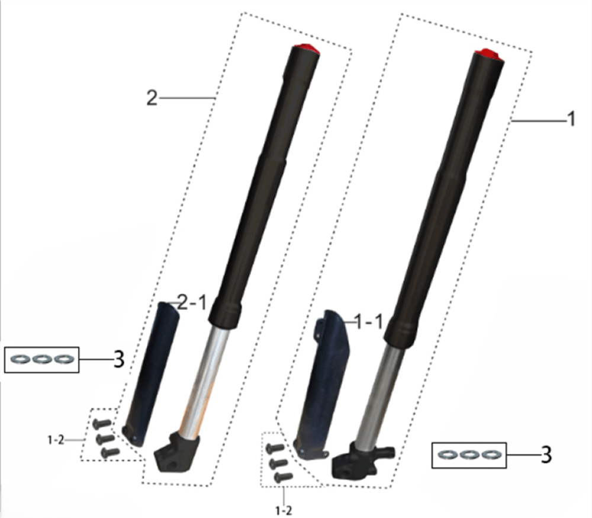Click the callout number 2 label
[x=152, y=98]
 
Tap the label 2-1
[x=192, y=302]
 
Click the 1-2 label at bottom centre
[x=284, y=511]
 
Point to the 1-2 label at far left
[x=56, y=440]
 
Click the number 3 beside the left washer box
[x=119, y=359]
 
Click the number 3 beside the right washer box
[x=546, y=455]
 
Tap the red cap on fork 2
[x=306, y=49]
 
